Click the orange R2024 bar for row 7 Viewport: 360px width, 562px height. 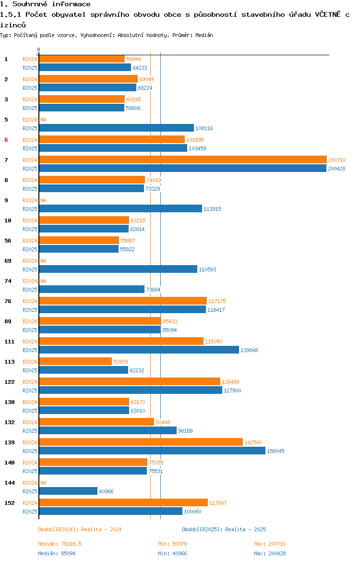coord(183,160)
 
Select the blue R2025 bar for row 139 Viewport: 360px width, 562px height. coord(152,451)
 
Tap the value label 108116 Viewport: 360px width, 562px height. coord(204,128)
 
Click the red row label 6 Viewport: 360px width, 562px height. coord(6,140)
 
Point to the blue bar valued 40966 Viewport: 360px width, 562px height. coord(68,491)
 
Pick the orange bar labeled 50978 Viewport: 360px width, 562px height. coord(75,361)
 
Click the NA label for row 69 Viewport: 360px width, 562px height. coord(43,261)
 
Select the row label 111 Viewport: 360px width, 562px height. coord(9,342)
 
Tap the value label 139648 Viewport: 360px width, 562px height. coord(249,350)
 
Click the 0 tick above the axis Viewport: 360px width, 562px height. coord(39,50)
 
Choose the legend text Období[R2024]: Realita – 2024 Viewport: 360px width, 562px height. coord(80,529)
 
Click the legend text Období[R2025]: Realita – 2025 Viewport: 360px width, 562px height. coord(224,529)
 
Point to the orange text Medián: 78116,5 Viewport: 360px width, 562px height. coord(60,544)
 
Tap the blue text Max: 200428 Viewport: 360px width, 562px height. coord(270,553)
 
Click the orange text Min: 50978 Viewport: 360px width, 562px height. coord(173,544)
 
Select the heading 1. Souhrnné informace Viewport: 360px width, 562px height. coord(45,4)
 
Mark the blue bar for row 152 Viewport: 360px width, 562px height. coord(111,511)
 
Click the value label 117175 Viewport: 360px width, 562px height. coord(217,302)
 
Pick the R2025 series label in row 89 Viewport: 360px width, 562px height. coord(30,330)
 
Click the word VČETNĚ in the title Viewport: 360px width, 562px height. coord(328,14)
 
